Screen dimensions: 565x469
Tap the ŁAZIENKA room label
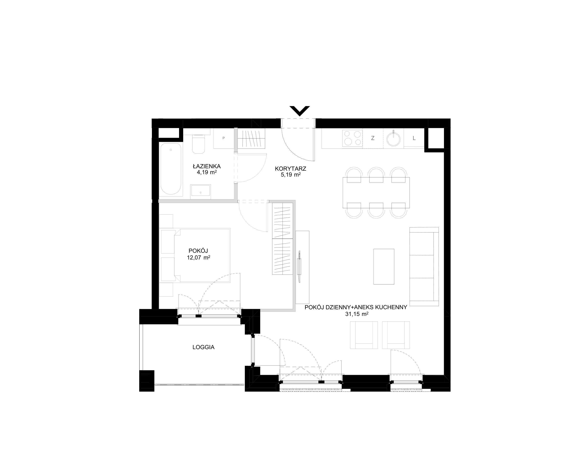click(206, 166)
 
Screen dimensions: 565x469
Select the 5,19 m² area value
click(291, 175)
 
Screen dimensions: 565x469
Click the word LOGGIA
click(203, 347)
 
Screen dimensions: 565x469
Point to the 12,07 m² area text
click(199, 258)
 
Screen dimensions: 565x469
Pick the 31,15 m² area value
click(357, 314)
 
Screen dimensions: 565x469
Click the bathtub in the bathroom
click(171, 169)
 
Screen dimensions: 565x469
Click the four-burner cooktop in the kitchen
click(352, 138)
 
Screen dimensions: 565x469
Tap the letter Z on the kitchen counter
click(373, 138)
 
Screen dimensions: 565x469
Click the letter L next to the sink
click(414, 138)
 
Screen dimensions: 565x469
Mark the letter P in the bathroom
click(224, 138)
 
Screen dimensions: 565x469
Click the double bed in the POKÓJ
click(195, 255)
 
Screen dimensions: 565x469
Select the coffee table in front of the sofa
click(384, 267)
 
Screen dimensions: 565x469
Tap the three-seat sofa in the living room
click(424, 267)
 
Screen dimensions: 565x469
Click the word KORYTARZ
click(291, 169)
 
